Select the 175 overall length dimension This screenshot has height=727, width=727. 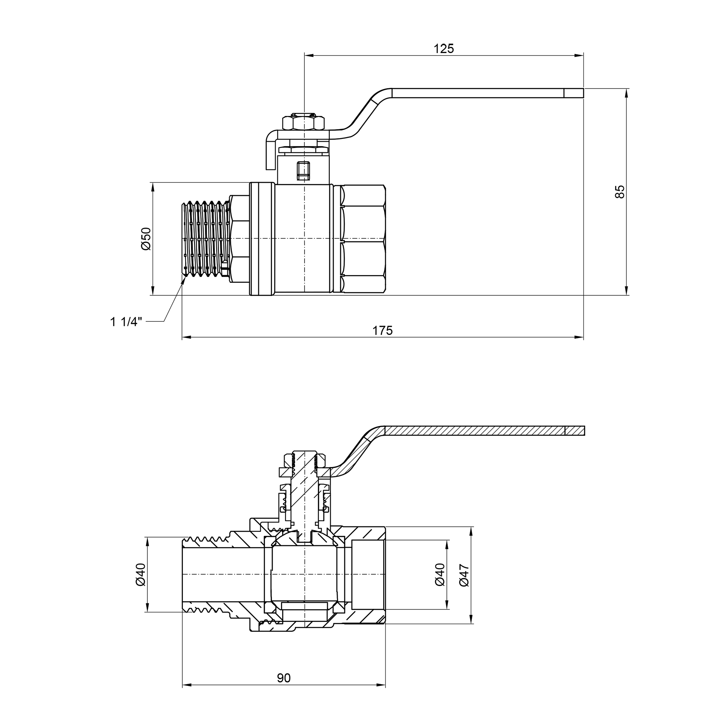click(x=382, y=330)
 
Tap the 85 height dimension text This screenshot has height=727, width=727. click(x=619, y=192)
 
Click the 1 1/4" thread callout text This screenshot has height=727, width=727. click(x=126, y=322)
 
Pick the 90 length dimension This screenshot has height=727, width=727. click(x=284, y=678)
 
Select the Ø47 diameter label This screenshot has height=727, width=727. click(x=464, y=575)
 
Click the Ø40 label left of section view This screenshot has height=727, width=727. click(x=140, y=575)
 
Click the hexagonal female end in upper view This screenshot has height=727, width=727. click(x=363, y=238)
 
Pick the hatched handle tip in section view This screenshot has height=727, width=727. click(x=575, y=430)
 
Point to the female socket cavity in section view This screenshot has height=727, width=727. click(x=368, y=575)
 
